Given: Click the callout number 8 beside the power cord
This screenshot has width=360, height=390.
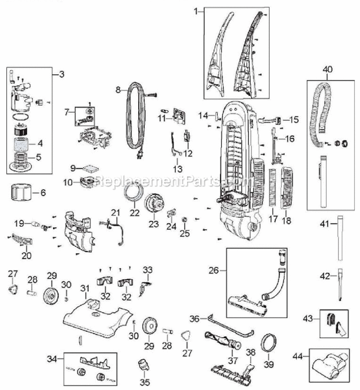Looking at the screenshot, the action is coord(118,89).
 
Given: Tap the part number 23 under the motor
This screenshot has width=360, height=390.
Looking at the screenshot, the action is coord(154,224).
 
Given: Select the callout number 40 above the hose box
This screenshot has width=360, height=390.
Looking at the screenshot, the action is coord(327,69).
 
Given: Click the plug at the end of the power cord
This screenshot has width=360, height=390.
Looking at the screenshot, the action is coord(140,154).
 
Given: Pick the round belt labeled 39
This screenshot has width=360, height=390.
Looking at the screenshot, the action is coord(269,343).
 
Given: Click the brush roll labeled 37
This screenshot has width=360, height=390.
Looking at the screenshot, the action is coord(223,340).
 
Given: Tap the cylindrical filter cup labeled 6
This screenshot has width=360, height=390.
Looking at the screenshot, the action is coord(21,192).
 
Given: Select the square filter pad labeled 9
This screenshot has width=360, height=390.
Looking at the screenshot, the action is coord(90,168).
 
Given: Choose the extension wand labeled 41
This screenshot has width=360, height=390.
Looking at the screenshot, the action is coord(340,238).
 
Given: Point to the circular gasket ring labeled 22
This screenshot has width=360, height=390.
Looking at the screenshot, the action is coord(134,192).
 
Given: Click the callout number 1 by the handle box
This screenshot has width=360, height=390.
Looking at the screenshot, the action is coord(196,11).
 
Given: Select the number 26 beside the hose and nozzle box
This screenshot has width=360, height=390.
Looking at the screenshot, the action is coord(214,270).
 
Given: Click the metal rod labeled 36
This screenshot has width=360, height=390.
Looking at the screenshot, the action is coord(230,326).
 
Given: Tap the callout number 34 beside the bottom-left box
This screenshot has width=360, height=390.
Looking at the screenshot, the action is coord(52,359).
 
